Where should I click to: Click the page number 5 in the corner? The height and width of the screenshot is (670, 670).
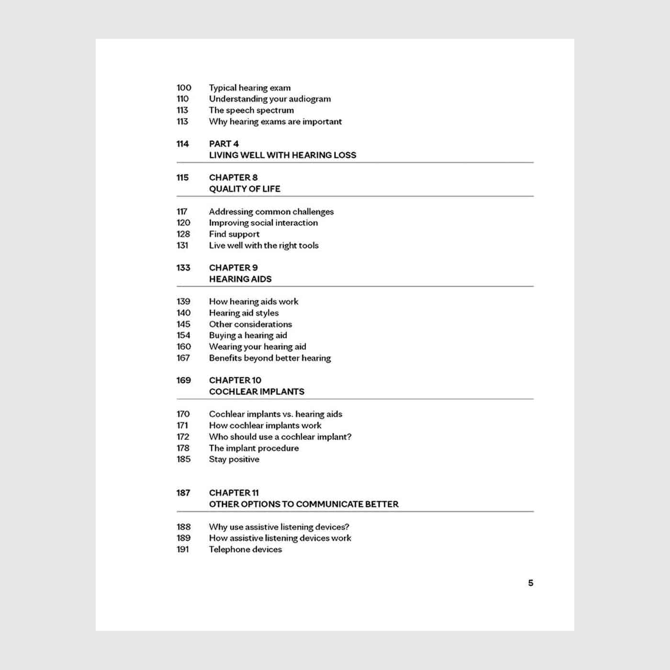530,583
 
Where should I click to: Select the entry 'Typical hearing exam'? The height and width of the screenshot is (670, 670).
249,88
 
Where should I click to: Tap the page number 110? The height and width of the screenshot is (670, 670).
182,99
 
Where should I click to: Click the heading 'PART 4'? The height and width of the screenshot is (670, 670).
223,144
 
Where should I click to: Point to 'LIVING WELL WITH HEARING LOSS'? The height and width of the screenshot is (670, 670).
282,155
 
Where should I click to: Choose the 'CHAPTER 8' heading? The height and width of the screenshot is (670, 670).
233,178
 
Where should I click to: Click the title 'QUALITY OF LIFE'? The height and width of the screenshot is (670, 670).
245,189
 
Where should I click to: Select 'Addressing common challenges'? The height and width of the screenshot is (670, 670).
271,212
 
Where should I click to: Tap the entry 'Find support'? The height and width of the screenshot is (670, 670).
234,234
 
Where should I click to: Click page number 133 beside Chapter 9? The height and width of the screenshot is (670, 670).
183,268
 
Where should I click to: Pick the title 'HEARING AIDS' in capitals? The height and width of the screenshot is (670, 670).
240,279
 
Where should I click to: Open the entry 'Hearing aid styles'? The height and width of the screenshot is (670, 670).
244,313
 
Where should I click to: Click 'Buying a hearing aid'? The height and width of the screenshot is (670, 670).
248,335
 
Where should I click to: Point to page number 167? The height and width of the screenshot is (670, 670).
183,358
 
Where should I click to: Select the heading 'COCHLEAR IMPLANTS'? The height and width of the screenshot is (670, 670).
257,391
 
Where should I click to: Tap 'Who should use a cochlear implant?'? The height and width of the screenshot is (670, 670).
280,436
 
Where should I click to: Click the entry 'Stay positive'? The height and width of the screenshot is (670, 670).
234,459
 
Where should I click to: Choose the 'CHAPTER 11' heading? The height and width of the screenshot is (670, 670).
234,493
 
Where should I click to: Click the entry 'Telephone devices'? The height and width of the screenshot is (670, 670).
245,549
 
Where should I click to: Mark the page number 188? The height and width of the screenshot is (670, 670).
183,527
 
